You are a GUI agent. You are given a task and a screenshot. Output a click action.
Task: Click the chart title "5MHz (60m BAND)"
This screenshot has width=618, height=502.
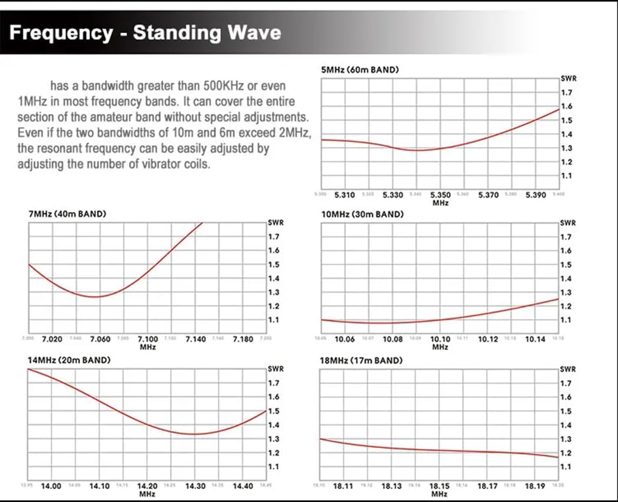click(360, 70)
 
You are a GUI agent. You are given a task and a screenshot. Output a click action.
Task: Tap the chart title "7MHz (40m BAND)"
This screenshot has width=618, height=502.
click(67, 214)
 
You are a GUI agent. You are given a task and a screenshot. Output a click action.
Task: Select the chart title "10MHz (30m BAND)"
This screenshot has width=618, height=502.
click(362, 214)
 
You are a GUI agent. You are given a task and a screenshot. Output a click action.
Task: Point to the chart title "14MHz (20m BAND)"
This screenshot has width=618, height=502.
click(69, 360)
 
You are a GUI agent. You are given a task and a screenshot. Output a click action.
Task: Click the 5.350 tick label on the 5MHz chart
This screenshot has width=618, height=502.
click(440, 195)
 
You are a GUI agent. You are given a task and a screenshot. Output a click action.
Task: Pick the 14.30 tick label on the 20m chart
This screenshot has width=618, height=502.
click(195, 486)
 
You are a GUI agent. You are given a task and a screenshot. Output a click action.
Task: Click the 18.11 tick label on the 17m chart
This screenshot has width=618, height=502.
click(344, 486)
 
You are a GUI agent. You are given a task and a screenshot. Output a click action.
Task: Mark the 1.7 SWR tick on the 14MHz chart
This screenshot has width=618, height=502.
click(274, 383)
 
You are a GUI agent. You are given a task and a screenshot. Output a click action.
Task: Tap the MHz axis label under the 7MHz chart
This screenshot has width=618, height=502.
click(147, 347)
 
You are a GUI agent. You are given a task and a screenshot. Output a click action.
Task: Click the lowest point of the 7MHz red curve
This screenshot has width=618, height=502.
click(97, 297)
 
